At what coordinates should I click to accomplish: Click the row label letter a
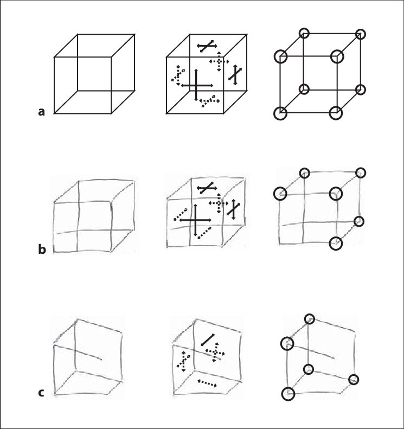41,112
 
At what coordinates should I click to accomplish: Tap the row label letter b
42,250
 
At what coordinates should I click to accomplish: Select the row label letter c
42,393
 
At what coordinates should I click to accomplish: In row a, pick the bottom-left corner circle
280,113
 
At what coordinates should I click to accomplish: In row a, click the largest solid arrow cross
195,85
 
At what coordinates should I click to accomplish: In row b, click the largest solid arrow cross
195,221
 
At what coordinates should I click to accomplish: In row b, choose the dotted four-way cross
218,202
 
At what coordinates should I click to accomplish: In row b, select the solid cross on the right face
233,209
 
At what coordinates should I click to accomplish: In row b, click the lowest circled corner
336,244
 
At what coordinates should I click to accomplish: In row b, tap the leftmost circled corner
280,193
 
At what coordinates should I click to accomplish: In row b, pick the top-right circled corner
361,173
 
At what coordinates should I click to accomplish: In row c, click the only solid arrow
207,340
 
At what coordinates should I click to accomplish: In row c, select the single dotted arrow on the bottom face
207,383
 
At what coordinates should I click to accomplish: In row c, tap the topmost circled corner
310,319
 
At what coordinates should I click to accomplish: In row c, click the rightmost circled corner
354,379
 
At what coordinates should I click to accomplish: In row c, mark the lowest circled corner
288,393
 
